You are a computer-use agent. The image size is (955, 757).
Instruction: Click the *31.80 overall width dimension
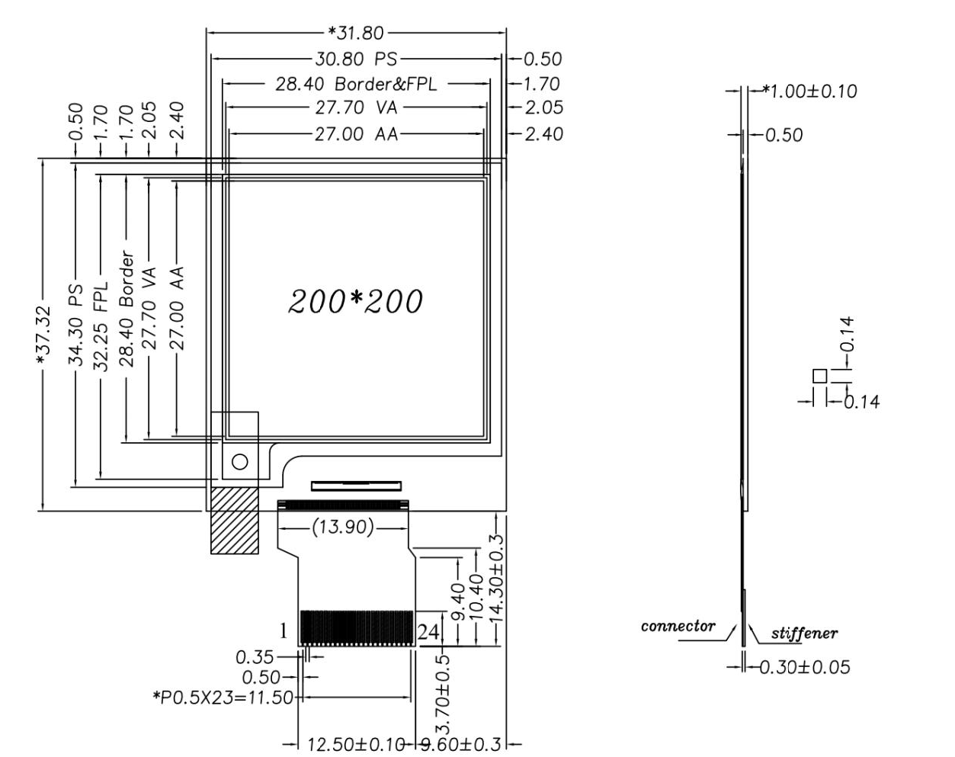click(355, 34)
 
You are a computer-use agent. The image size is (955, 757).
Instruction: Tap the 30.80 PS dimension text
click(356, 59)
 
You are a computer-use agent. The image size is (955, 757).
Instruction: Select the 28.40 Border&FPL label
click(356, 84)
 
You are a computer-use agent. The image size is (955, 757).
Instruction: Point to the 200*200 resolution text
click(355, 301)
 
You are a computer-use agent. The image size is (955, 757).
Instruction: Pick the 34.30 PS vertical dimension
click(76, 325)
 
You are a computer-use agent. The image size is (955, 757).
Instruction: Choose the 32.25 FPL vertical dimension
click(101, 326)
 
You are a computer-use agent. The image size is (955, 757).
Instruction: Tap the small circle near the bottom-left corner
click(240, 462)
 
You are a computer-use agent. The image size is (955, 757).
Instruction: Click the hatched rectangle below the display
click(234, 521)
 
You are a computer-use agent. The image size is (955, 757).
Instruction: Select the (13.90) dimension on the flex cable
click(342, 528)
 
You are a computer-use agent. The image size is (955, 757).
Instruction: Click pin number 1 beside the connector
click(284, 631)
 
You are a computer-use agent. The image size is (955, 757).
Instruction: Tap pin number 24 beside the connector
click(428, 632)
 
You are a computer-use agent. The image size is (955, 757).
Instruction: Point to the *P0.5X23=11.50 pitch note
click(223, 698)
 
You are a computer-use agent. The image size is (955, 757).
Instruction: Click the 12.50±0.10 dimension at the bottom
click(357, 744)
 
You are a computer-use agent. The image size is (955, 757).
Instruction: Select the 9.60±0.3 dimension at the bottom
click(460, 744)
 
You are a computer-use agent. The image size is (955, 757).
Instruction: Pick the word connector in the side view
click(678, 627)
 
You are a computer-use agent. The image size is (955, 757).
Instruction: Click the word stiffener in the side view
click(804, 634)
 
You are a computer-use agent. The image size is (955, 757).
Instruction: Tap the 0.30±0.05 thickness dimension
click(805, 667)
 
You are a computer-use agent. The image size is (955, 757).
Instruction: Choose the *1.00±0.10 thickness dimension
click(810, 91)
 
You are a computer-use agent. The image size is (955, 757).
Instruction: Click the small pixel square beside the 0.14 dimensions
click(820, 376)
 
